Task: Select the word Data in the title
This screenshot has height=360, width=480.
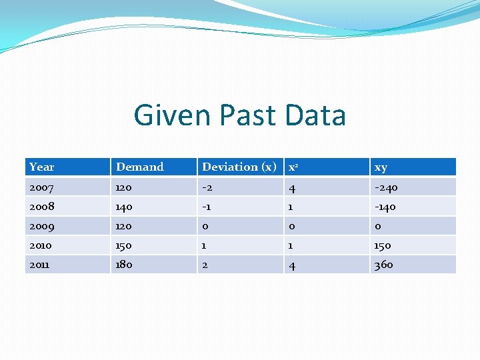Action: (315, 115)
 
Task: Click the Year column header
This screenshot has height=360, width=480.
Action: (42, 167)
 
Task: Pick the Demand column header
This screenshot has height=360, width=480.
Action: (140, 167)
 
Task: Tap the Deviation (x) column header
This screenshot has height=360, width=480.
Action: (239, 167)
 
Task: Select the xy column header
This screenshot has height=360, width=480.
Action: (381, 167)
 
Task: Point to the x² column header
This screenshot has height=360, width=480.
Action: (293, 167)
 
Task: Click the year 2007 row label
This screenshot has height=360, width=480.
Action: (41, 187)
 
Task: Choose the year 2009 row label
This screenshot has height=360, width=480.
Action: (41, 226)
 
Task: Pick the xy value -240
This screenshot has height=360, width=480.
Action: (386, 187)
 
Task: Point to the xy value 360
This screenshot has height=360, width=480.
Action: (383, 265)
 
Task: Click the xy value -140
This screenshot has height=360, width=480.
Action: (385, 207)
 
